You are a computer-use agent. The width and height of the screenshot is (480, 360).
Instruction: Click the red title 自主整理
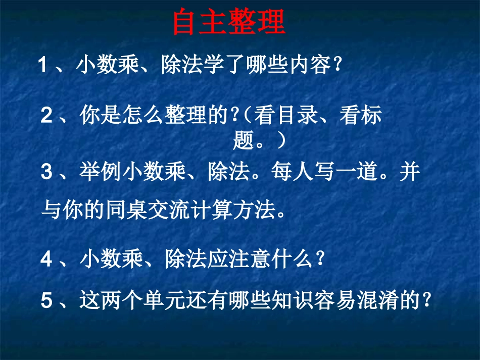(229, 23)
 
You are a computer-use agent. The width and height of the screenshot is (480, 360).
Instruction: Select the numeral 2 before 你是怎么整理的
(46, 117)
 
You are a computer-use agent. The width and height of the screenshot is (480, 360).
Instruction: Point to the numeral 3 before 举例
(46, 173)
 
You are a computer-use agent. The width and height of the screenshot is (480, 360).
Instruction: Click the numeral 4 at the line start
(46, 260)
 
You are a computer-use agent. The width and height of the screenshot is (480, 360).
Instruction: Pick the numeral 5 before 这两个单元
(46, 301)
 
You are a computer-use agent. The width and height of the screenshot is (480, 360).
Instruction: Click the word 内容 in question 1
(308, 65)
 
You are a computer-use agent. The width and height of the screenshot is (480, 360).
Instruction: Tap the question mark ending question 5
(427, 302)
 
